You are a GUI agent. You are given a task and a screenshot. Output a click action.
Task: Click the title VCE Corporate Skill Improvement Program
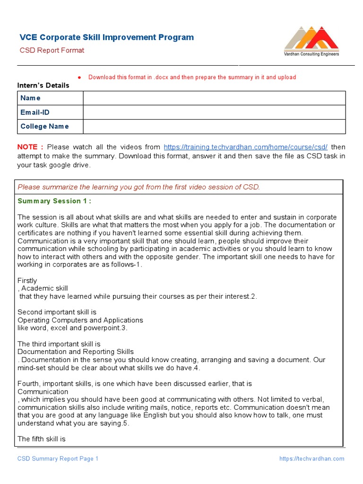click(x=106, y=37)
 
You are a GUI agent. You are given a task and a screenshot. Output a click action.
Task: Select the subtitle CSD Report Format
click(x=52, y=50)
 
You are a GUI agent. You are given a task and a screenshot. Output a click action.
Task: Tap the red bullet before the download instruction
click(x=79, y=77)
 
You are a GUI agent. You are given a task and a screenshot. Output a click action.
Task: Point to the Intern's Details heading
click(x=43, y=86)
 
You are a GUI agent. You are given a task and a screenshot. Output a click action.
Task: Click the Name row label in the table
click(x=30, y=98)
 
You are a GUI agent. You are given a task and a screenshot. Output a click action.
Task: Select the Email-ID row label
click(x=35, y=112)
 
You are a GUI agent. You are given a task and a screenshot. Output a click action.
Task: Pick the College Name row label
click(x=44, y=126)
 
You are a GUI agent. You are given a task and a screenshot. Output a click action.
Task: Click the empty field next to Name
click(x=214, y=98)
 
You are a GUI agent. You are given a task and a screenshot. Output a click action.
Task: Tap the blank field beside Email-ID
click(x=214, y=112)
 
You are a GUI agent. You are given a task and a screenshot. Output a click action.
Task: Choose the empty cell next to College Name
click(x=214, y=126)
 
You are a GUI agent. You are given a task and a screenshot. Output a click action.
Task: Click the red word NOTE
click(x=30, y=147)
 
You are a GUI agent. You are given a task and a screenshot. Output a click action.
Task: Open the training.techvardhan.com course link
click(x=245, y=147)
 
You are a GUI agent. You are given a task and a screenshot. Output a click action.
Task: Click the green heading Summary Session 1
click(x=54, y=201)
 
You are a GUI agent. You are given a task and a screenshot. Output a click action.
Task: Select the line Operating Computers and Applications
click(x=80, y=320)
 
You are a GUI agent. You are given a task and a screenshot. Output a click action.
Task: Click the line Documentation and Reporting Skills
click(x=76, y=352)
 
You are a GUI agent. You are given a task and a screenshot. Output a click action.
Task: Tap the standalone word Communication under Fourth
click(x=43, y=391)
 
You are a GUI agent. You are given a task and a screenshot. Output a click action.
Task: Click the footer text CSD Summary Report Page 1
click(x=58, y=458)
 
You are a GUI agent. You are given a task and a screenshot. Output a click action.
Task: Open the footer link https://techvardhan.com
click(x=311, y=458)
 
